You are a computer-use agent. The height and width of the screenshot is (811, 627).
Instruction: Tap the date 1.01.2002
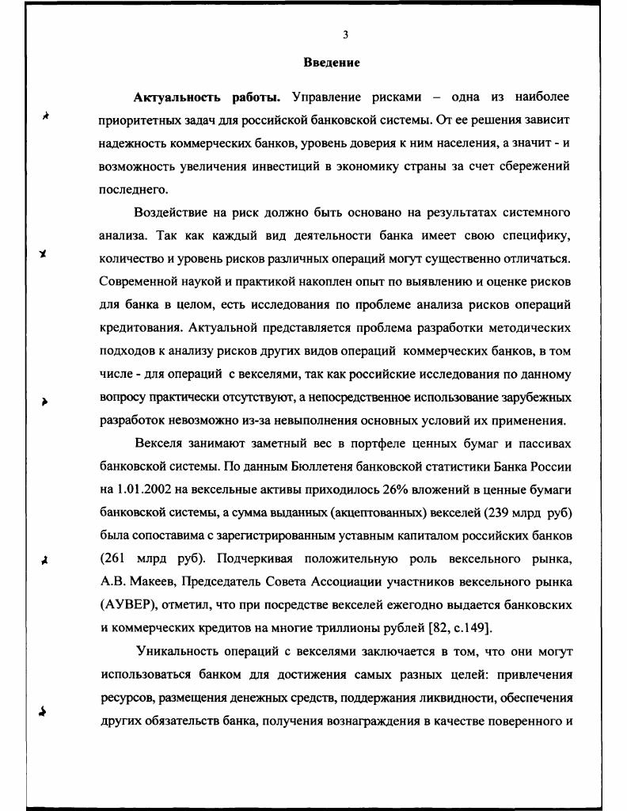(148, 489)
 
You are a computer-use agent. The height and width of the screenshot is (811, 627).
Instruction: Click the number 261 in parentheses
(121, 558)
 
